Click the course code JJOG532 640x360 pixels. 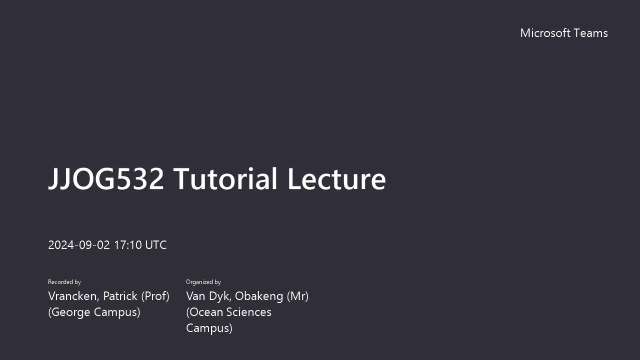point(106,179)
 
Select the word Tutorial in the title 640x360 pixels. point(225,179)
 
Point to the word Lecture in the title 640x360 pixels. point(337,179)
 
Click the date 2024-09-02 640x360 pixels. point(79,245)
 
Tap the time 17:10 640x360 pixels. point(128,245)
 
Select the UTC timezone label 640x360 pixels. point(156,245)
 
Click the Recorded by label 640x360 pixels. point(64,282)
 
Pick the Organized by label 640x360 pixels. point(203,282)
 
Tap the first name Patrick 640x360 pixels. point(120,296)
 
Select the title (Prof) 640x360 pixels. point(155,296)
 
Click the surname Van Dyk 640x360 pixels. point(209,296)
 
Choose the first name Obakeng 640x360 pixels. point(259,296)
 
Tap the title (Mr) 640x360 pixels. point(298,296)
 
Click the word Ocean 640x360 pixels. point(205,312)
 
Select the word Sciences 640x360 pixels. point(249,312)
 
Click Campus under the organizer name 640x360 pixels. point(209,328)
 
